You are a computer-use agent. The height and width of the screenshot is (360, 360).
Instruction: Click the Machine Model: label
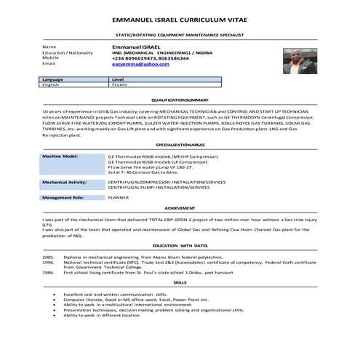(60, 156)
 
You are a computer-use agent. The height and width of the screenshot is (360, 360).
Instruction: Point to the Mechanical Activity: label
(65, 182)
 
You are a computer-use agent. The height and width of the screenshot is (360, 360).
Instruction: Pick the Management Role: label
(63, 197)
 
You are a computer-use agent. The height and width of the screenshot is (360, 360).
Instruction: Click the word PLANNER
(119, 197)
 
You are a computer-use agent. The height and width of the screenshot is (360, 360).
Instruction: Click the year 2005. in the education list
(49, 257)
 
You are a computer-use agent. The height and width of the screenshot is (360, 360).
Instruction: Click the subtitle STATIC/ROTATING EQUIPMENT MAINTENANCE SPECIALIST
(180, 34)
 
